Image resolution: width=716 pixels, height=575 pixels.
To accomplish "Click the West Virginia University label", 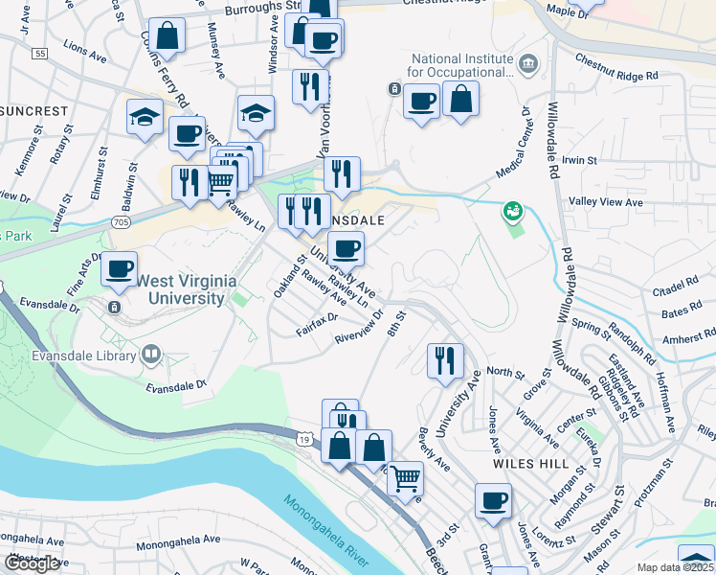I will (181, 289).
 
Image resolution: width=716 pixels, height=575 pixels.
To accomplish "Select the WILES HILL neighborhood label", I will (519, 462).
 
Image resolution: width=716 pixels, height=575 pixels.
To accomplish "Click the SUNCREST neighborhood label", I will (34, 111).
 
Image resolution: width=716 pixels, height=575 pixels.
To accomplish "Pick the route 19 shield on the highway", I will (303, 439).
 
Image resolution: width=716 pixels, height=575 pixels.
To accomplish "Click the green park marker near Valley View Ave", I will (512, 210).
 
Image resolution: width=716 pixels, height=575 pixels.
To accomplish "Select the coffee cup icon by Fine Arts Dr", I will (119, 268).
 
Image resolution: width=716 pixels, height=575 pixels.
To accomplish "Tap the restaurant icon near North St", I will (445, 359).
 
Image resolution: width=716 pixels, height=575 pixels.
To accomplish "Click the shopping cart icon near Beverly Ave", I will (406, 476).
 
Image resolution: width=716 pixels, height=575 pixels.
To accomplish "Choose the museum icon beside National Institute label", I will (527, 64).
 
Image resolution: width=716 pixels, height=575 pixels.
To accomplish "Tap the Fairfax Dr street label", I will (320, 318).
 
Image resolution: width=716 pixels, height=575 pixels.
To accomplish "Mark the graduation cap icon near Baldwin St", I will (145, 117).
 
